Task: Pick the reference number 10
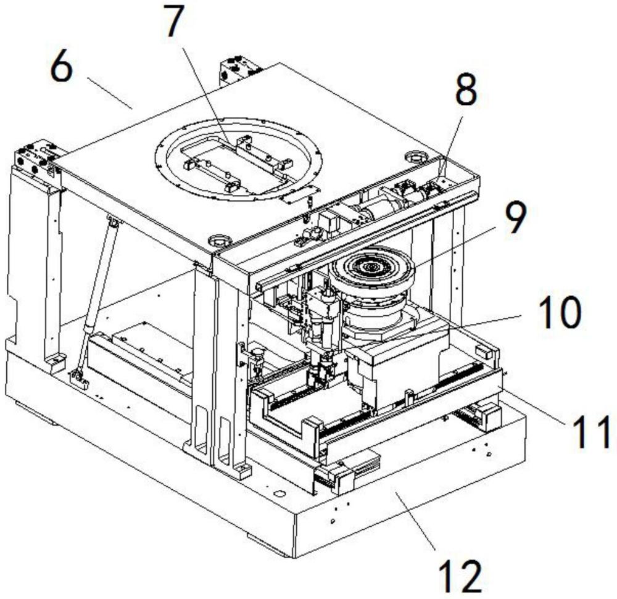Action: point(560,312)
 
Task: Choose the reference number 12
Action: point(460,576)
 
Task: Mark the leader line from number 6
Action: point(109,93)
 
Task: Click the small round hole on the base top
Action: point(279,494)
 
